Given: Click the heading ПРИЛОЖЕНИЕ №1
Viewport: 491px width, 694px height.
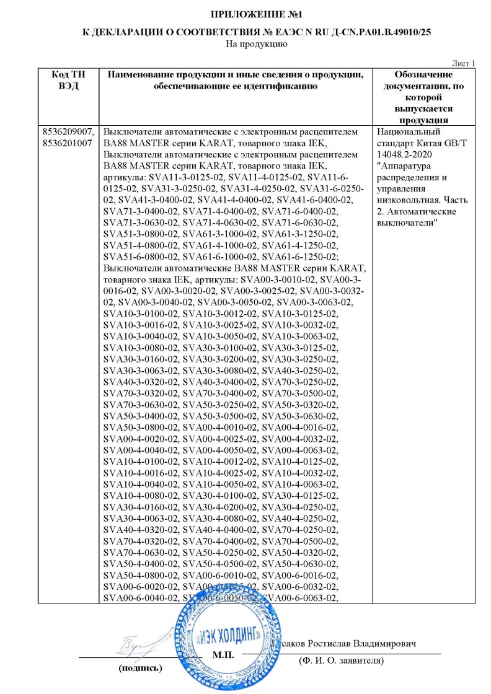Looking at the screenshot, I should point(245,14).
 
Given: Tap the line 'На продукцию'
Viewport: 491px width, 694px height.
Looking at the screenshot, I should point(245,44).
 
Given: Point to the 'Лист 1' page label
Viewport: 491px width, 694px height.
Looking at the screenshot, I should point(463,63).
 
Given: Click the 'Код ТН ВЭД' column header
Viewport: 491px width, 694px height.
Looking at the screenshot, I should point(69,81).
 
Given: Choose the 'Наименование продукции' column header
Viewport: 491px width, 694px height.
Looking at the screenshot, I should point(236,81).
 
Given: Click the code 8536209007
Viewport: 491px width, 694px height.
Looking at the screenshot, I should point(69,132).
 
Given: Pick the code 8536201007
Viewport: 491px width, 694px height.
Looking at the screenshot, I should point(69,143).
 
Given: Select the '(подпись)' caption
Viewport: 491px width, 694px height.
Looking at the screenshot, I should point(140,669).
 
